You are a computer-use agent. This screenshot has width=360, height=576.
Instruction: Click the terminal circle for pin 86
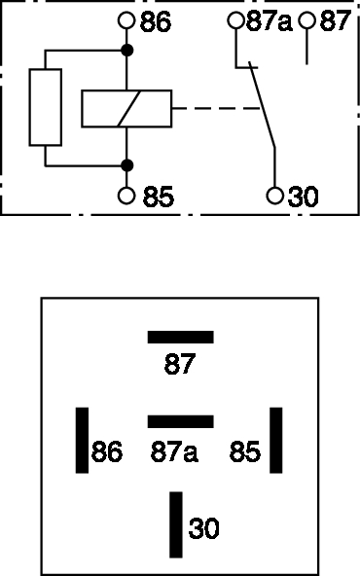[126, 20]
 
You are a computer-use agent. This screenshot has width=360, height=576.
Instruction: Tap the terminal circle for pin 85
[126, 196]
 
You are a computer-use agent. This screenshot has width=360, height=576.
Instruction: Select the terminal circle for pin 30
[274, 195]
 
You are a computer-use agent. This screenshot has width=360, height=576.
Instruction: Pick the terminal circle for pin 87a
[235, 20]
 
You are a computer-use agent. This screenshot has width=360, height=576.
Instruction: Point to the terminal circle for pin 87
[306, 20]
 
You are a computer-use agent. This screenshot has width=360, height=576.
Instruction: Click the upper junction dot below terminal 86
[126, 51]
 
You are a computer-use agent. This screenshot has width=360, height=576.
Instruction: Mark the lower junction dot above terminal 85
[126, 165]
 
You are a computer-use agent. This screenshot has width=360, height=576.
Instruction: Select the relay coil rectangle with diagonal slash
[126, 109]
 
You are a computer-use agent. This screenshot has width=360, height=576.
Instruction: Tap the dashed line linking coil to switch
[216, 108]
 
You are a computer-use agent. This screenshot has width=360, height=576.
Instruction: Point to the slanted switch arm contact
[263, 105]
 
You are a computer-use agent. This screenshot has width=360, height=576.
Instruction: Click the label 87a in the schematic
[269, 21]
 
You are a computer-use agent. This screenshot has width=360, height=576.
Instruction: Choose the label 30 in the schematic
[303, 197]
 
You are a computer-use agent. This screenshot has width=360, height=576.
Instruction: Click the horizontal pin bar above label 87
[180, 338]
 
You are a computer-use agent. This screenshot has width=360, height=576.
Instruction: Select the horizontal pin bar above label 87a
[180, 421]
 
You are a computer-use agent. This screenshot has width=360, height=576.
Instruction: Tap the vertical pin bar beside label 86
[82, 440]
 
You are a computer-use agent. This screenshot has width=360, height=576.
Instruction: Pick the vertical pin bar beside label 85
[276, 440]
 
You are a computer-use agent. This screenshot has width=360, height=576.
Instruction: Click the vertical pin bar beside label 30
[176, 524]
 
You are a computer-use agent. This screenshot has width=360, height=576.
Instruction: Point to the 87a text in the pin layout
[174, 451]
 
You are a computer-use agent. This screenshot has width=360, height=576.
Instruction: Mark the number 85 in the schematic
[159, 197]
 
